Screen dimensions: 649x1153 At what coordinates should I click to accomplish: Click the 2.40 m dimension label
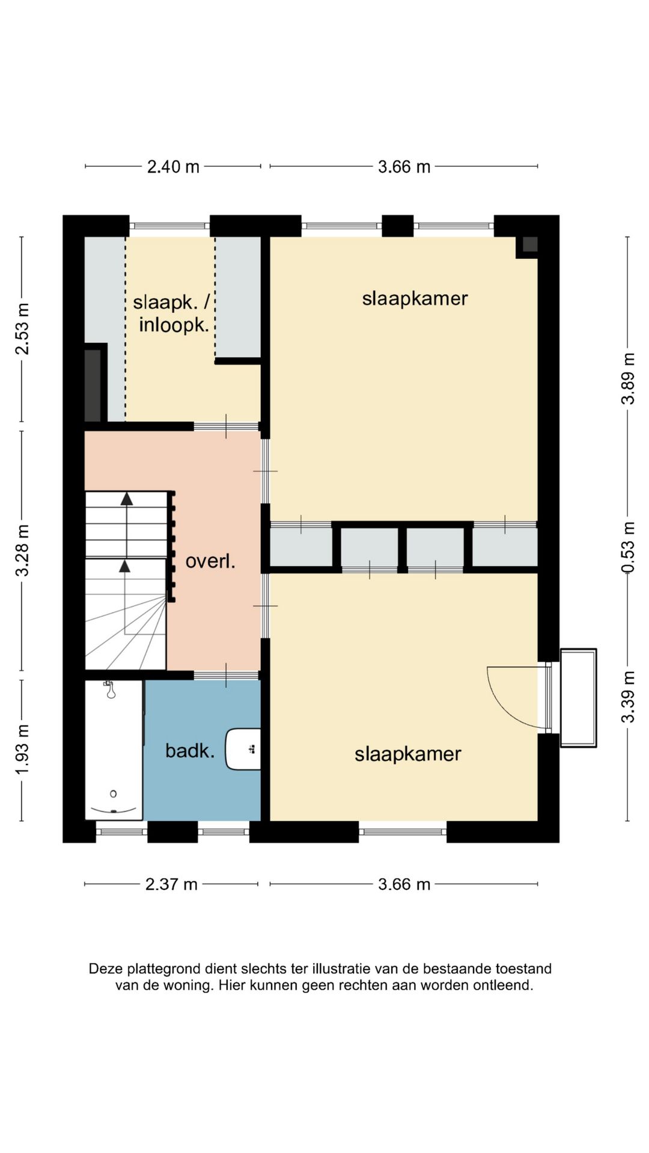point(173,166)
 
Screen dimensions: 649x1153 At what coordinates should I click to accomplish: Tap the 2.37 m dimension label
point(171,884)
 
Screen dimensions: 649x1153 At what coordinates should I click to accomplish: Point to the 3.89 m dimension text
point(628,379)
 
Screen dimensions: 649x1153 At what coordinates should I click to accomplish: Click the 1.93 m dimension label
point(22,749)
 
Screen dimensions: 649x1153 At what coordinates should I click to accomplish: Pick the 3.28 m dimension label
point(22,550)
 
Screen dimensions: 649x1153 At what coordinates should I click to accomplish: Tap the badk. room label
point(190,751)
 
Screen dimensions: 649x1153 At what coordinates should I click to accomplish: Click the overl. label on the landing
point(210,561)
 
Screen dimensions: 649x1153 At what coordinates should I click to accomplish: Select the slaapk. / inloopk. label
point(174,313)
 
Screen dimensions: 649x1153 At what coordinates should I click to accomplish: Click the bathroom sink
point(243,749)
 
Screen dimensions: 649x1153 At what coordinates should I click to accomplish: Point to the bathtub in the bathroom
point(114,750)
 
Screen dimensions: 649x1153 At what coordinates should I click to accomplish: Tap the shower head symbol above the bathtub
point(111,691)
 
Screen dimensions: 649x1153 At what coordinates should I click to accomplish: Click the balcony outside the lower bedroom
point(578,698)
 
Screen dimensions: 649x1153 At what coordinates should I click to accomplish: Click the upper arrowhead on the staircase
point(126,498)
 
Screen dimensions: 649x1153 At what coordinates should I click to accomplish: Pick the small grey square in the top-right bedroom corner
point(530,244)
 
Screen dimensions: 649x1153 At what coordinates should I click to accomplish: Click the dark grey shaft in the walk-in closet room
point(93,385)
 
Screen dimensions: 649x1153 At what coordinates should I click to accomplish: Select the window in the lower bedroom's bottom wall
point(403,832)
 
